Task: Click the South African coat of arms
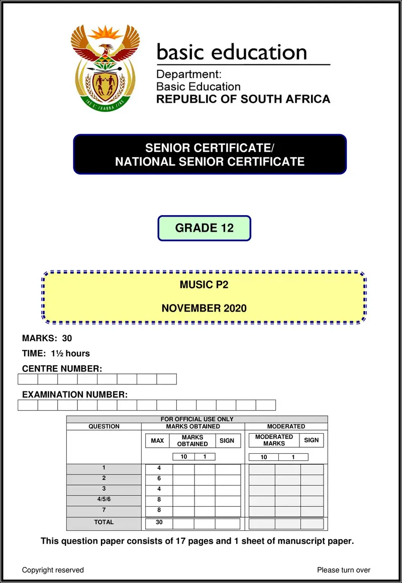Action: point(105,67)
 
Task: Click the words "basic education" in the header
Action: point(232,52)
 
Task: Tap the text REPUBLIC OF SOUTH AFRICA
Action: point(243,99)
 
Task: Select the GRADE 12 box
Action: point(204,228)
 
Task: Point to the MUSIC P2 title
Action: point(204,285)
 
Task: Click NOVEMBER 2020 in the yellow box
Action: point(204,308)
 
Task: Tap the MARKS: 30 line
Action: point(47,338)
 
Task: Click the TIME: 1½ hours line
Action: point(56,353)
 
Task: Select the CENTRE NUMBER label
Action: point(62,369)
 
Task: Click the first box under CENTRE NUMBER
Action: point(28,379)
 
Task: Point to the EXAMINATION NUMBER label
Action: point(75,395)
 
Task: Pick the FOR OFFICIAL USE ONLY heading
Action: point(197,419)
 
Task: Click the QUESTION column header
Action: point(104,426)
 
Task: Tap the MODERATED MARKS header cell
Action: point(274,440)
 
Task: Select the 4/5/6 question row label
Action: point(104,499)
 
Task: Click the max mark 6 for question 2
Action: point(159,478)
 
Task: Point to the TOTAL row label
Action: point(104,522)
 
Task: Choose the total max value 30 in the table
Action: point(159,523)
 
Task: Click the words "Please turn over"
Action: point(344,570)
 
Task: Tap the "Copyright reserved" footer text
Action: point(53,570)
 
